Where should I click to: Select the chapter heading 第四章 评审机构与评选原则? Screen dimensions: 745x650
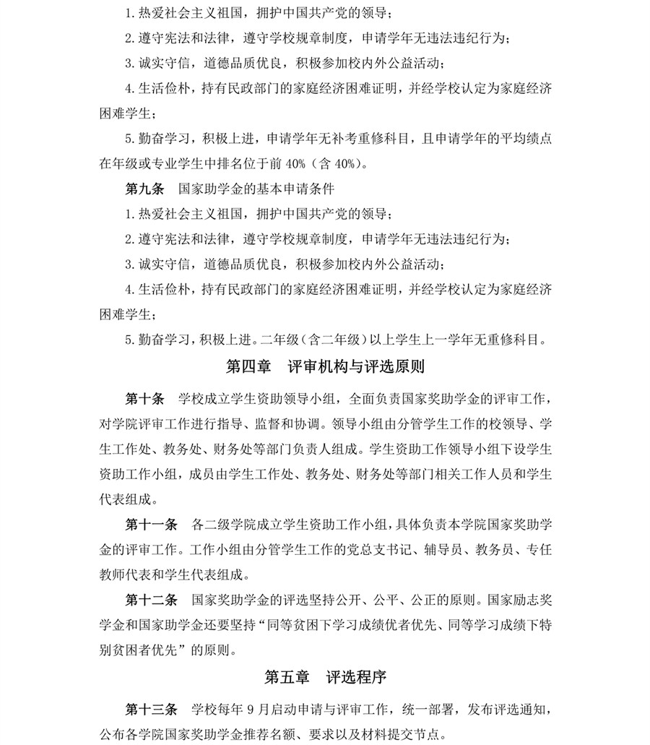pos(325,367)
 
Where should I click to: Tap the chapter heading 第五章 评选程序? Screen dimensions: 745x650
pos(325,677)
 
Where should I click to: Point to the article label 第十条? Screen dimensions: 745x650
pos(144,399)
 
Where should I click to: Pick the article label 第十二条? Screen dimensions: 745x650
pos(151,598)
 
